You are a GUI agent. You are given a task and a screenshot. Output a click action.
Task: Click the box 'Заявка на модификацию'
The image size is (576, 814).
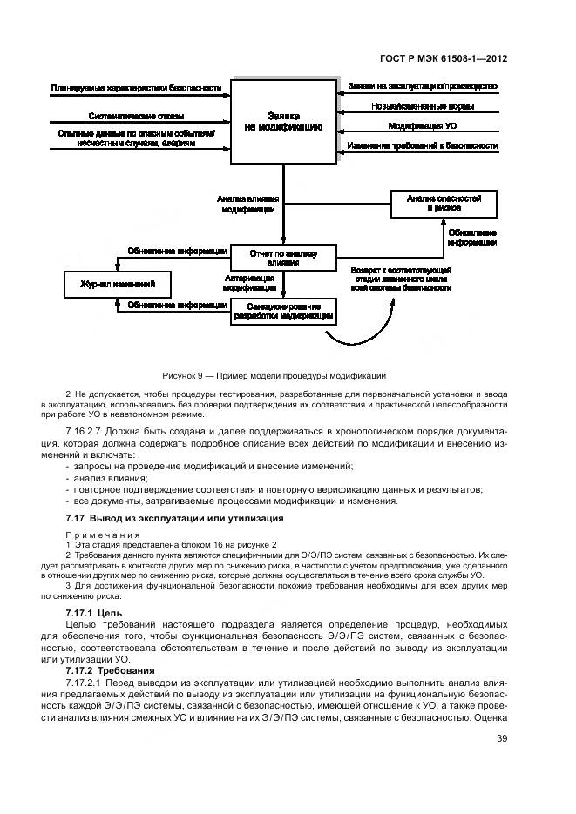[283, 121]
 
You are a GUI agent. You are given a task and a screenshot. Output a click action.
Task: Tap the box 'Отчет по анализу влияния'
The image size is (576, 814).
[283, 257]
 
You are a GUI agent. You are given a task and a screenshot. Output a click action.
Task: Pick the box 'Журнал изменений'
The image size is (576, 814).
[118, 284]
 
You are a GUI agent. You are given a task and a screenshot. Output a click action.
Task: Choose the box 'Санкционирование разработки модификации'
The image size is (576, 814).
[283, 311]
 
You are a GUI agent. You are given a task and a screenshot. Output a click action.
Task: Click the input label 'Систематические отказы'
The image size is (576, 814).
[136, 116]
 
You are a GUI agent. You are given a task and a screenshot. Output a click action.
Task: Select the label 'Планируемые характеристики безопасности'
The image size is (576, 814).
[136, 88]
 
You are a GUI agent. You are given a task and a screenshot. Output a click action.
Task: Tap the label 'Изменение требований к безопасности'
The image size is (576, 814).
[423, 145]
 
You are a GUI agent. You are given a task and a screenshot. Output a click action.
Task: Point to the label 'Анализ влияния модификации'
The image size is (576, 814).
[248, 204]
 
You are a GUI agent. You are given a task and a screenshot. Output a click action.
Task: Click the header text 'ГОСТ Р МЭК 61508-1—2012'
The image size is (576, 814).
[444, 60]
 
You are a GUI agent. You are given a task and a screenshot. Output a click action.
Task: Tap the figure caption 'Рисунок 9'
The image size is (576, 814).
[274, 375]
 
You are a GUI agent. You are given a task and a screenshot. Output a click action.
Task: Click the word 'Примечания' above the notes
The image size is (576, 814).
[92, 534]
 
